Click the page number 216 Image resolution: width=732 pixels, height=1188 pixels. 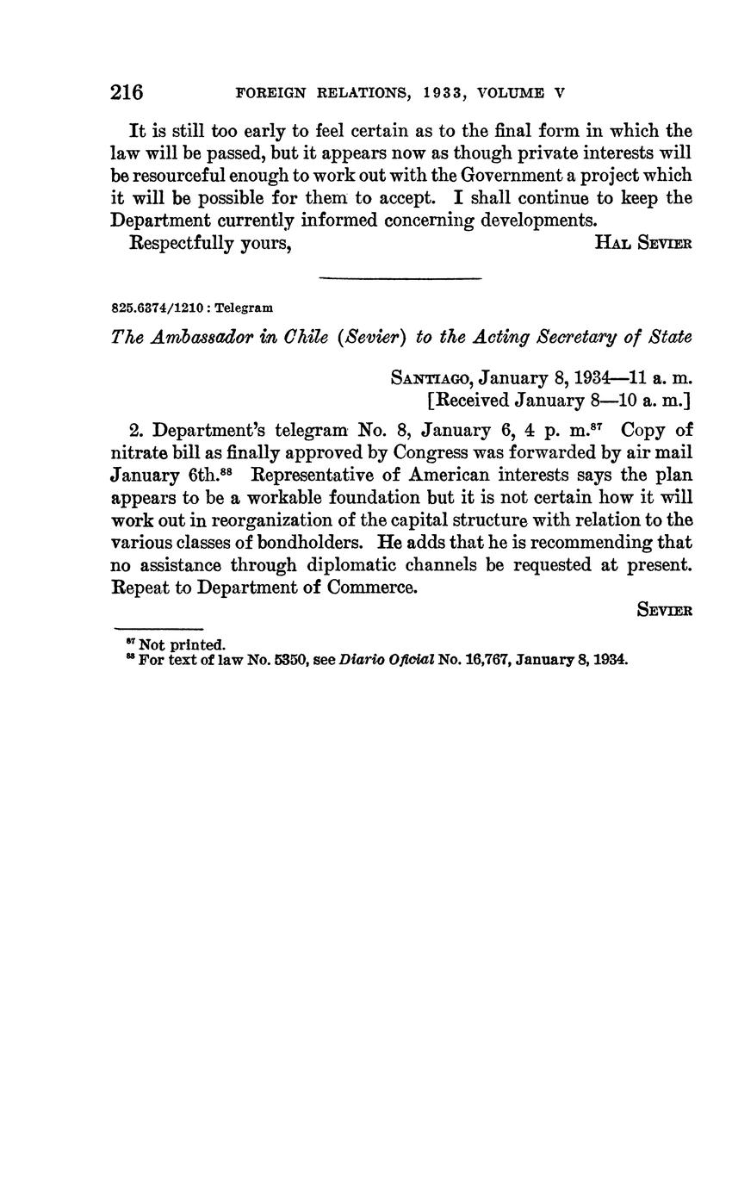(x=127, y=92)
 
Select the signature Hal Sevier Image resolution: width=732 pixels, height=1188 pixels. (x=643, y=243)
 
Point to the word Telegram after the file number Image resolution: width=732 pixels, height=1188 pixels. (x=244, y=308)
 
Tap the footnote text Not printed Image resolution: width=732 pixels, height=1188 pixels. (x=183, y=644)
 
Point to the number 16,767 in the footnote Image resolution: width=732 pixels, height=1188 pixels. (x=487, y=660)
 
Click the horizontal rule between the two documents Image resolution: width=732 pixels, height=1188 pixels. (x=400, y=278)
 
